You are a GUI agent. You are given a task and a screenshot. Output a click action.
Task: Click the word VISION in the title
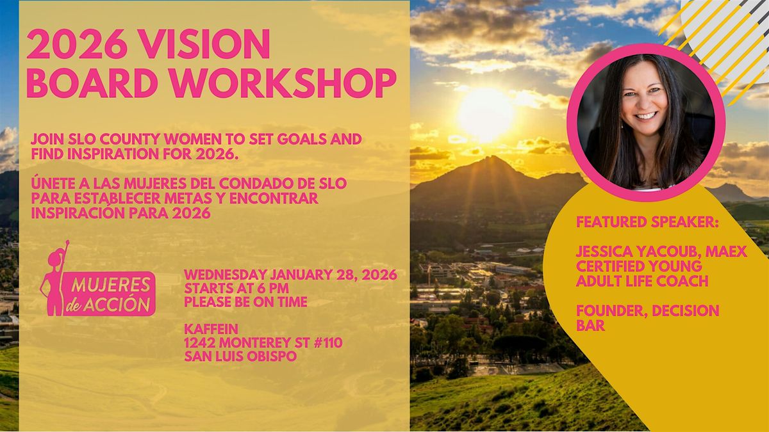pos(206,44)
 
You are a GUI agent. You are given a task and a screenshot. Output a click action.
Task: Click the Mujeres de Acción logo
pos(97,279)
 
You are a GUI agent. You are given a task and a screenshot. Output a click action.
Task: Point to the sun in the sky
pos(485,115)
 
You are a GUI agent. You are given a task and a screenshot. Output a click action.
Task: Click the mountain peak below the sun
pos(493,158)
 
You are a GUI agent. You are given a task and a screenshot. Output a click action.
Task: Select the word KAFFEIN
pos(211,329)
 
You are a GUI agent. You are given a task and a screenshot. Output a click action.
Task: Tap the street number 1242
pos(200,342)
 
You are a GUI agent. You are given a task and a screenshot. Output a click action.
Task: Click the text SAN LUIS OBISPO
pos(240,356)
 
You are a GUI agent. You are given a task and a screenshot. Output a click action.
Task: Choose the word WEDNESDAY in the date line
pos(226,275)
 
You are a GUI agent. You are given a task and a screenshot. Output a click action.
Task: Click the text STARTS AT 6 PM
pos(236,289)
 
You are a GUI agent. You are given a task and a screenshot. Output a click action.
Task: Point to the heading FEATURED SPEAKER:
pos(647,222)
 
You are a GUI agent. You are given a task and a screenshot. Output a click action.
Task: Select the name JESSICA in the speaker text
pos(604,252)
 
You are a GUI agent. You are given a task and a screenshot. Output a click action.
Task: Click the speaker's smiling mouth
pos(645,116)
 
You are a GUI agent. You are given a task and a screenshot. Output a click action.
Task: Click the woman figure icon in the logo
pos(54,278)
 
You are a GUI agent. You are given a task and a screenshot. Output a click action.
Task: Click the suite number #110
pos(328,342)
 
